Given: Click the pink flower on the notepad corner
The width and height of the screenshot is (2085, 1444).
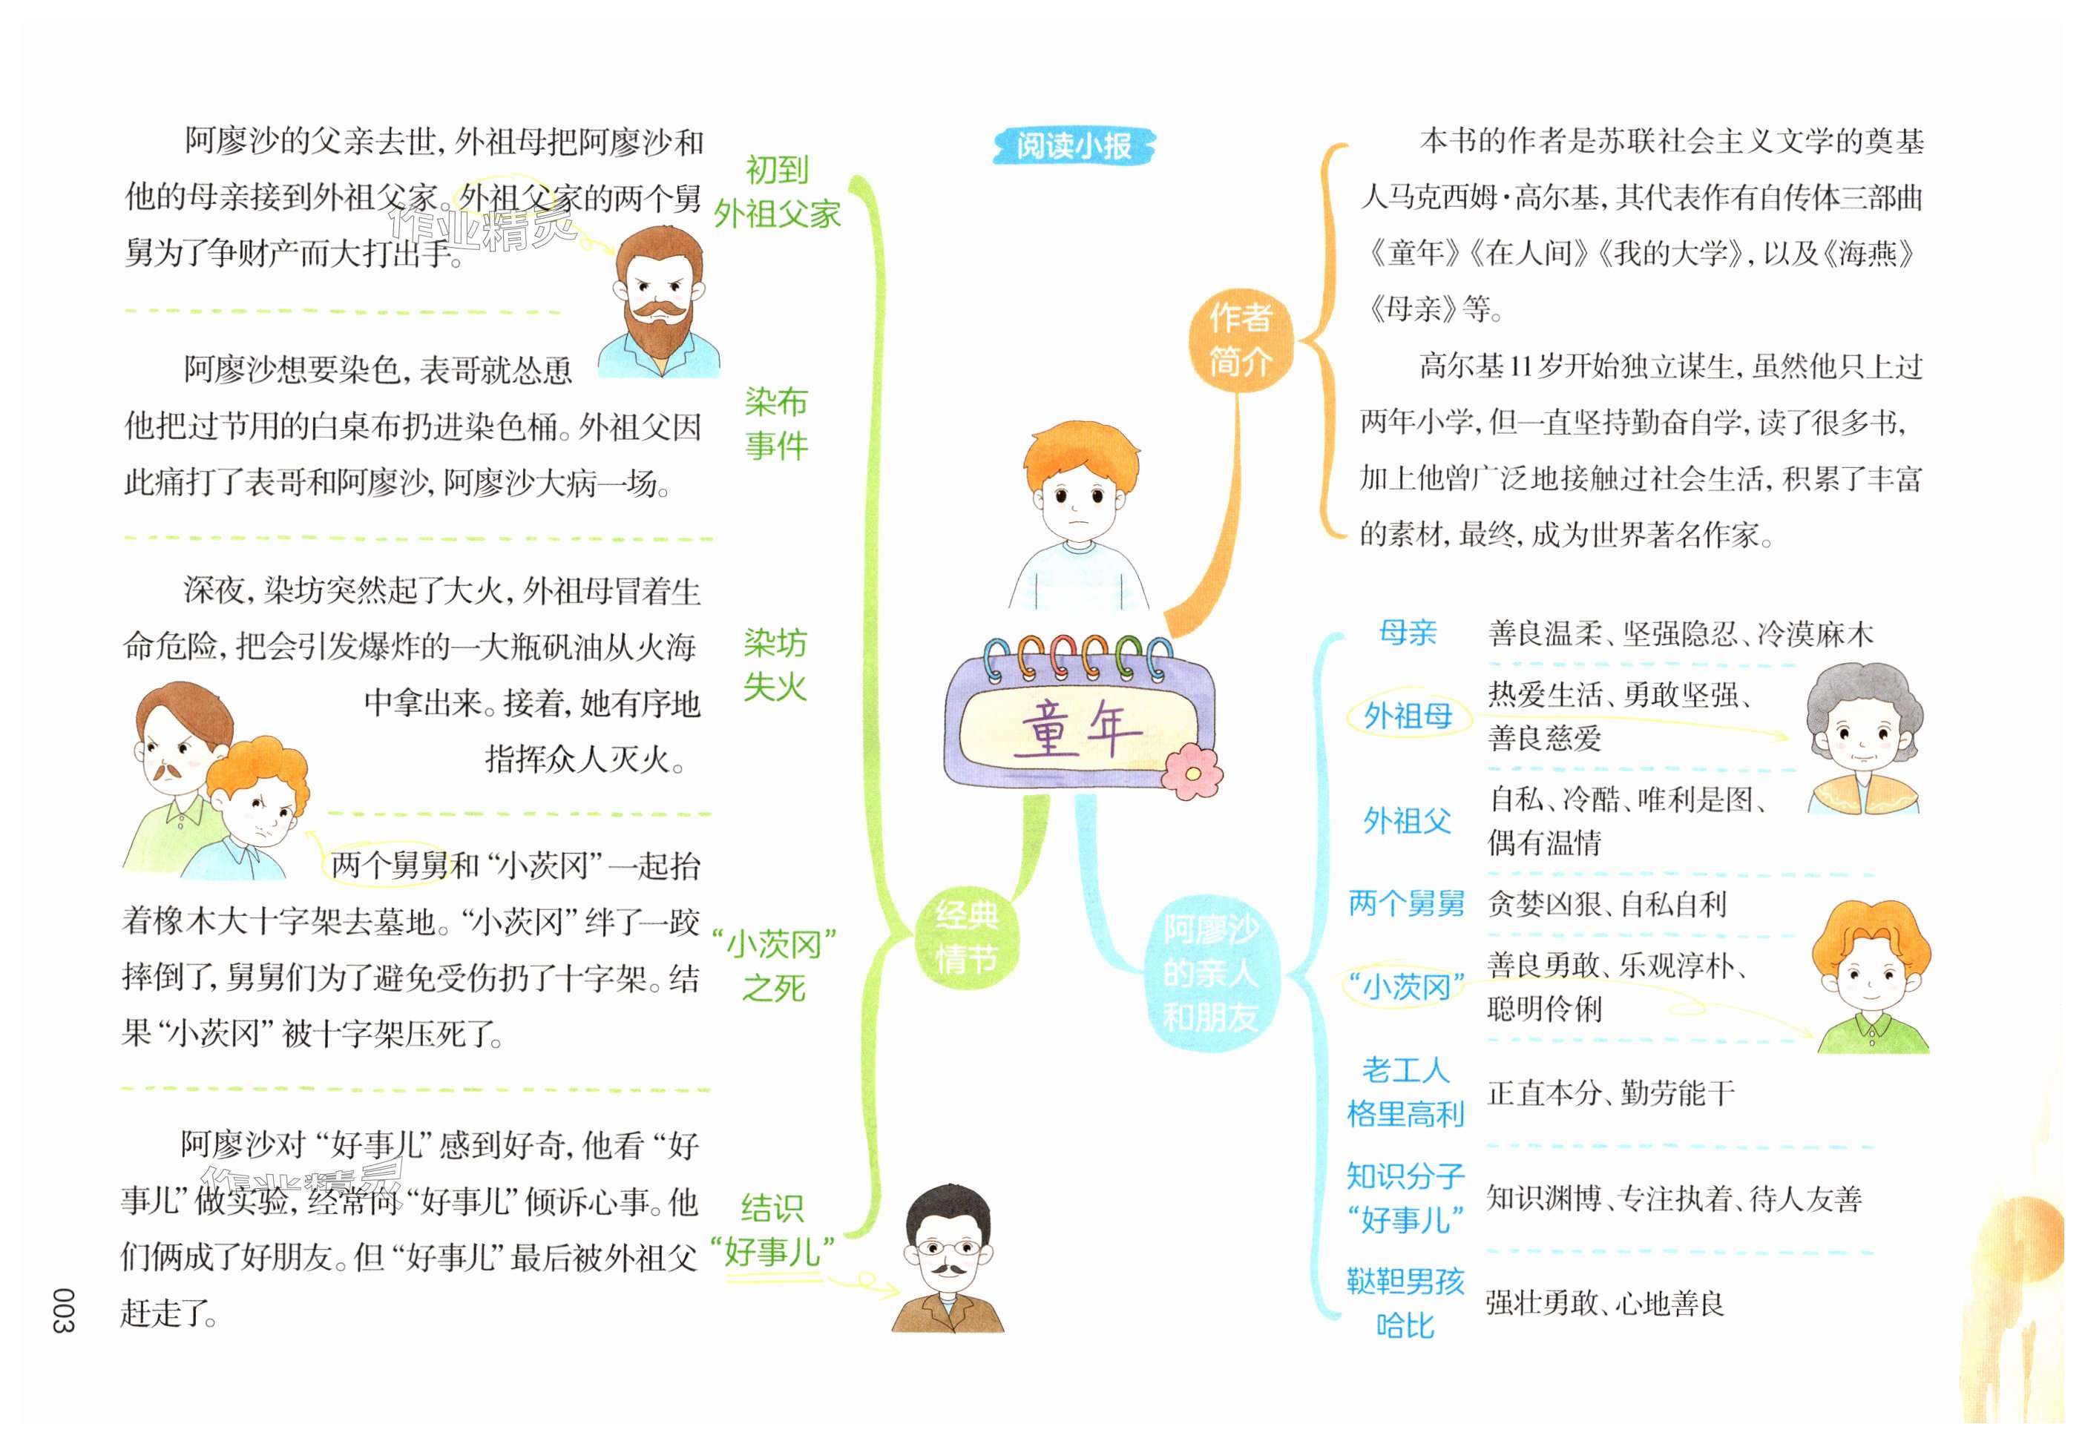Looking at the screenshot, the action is (x=1192, y=772).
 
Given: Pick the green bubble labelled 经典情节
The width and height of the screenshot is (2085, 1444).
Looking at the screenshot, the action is (x=967, y=937).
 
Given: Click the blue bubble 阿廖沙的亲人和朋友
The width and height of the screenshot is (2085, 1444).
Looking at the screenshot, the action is (x=1210, y=974).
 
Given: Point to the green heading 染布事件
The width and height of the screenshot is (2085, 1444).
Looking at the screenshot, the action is (x=775, y=423).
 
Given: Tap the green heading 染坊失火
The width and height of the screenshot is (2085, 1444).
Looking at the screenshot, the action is (x=775, y=665).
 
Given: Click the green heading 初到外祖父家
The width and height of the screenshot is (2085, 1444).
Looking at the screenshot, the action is (x=776, y=193).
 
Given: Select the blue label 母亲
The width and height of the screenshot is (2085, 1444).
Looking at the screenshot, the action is (x=1408, y=633).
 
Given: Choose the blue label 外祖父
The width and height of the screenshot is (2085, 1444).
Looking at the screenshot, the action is (x=1408, y=820).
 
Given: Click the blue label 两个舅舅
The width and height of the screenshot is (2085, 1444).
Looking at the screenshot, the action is (x=1406, y=903).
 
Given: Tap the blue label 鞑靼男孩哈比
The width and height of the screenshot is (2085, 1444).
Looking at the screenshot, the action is (x=1405, y=1303).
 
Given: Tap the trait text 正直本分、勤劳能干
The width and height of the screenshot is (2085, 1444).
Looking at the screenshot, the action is (x=1611, y=1093).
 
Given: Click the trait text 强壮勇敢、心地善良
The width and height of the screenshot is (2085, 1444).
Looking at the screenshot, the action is (x=1604, y=1303).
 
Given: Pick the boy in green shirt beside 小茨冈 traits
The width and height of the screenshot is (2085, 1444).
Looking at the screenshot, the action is (x=1871, y=977).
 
